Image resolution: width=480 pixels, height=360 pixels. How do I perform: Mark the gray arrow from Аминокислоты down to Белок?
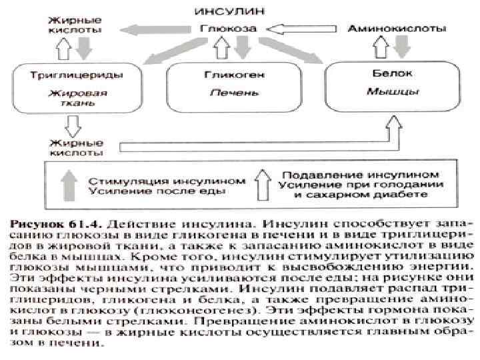click(403, 48)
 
